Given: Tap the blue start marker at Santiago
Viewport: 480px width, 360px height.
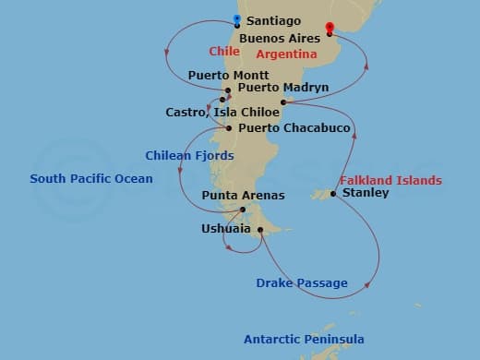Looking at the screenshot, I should [237, 19].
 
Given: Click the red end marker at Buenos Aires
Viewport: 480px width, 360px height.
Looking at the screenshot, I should [330, 30].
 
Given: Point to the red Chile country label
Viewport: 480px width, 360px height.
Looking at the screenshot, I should [223, 51].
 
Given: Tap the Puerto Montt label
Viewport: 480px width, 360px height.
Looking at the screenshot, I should [228, 75].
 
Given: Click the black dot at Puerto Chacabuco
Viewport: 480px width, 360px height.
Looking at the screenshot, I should [228, 128].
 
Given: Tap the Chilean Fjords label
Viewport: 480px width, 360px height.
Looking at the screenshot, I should [180, 155].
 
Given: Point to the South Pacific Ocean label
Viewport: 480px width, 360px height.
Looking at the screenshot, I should [91, 178].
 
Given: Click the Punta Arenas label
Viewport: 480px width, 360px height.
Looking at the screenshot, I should [243, 196].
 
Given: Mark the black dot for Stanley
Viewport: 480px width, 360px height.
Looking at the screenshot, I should [333, 193].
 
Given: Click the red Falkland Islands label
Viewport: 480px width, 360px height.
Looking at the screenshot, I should [390, 180].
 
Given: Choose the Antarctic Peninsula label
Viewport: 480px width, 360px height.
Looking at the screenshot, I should [304, 340].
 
